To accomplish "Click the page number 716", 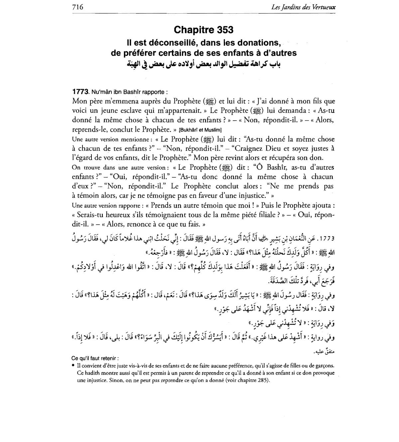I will (77, 7).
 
